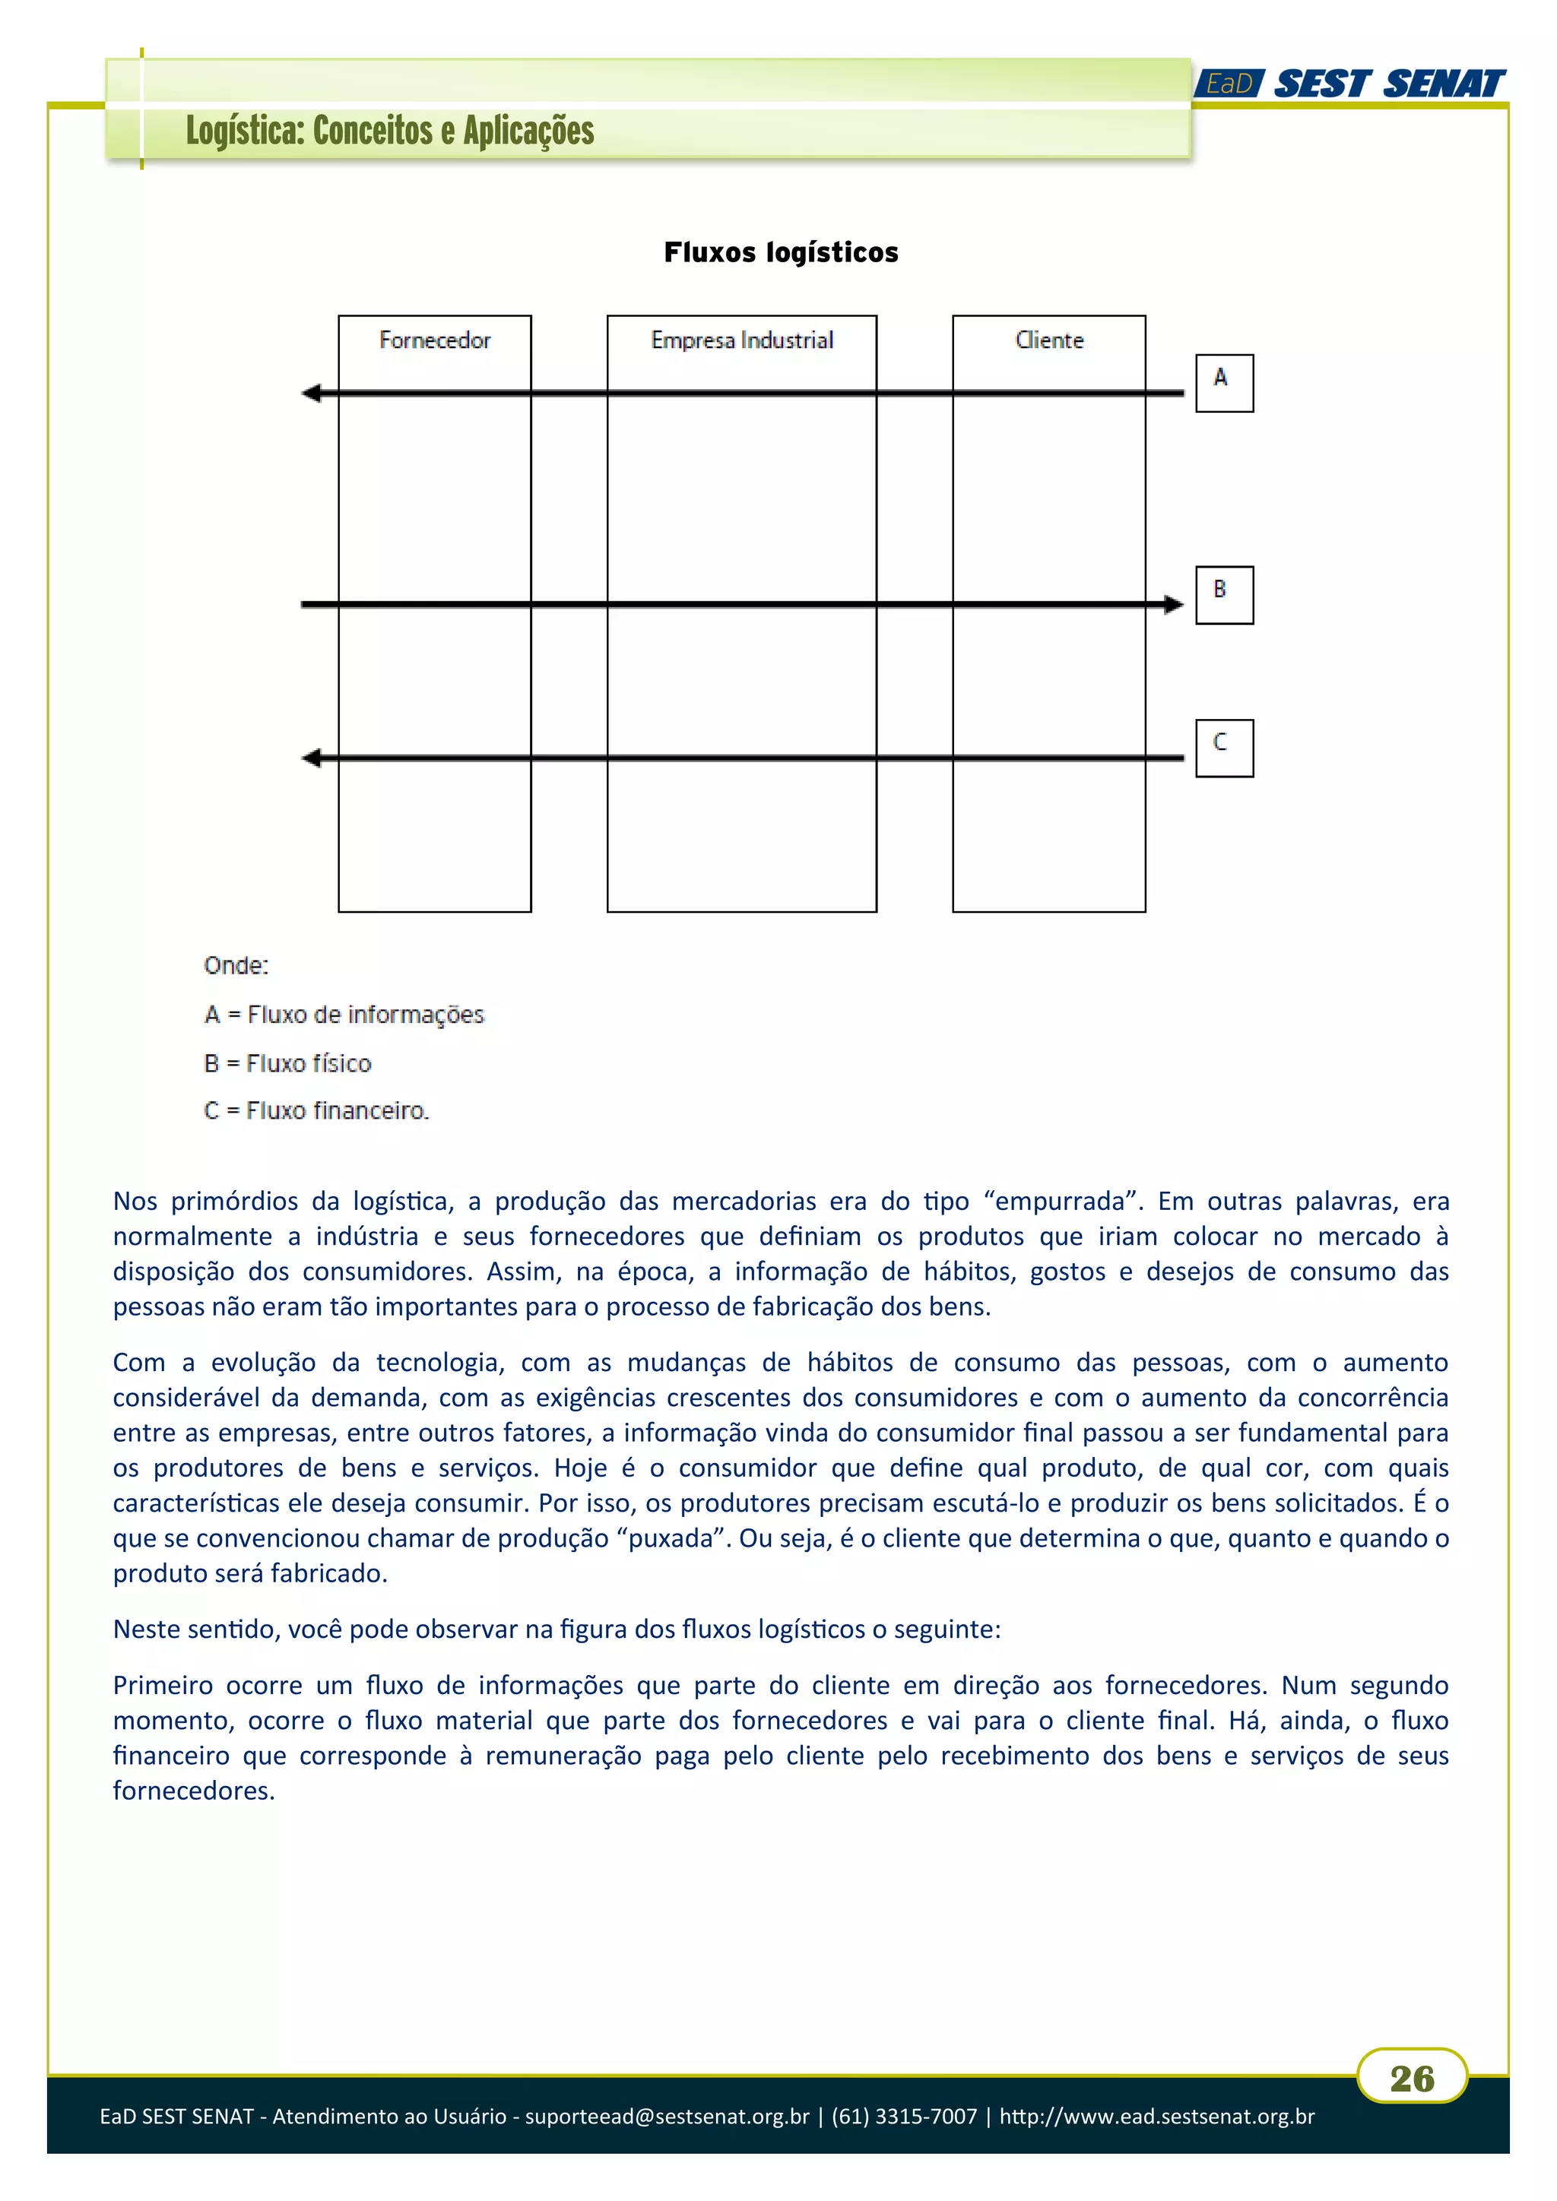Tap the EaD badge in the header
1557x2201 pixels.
(1229, 84)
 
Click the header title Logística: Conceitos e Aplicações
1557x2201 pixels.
(389, 131)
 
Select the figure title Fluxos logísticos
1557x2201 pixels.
(781, 252)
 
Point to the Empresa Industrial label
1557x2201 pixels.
(741, 340)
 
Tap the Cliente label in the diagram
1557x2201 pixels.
(1049, 340)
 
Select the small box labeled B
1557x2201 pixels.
(1223, 594)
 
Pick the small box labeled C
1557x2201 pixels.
(1223, 748)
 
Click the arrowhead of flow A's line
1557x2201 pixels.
(312, 393)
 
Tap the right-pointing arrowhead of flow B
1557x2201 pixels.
(1174, 604)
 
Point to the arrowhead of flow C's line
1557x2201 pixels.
(312, 758)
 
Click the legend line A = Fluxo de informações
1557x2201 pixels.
(344, 1014)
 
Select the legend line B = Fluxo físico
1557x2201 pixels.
(287, 1063)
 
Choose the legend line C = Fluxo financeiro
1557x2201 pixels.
(316, 1110)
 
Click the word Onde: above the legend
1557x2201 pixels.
(236, 965)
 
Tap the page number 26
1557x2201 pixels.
(1411, 2079)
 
